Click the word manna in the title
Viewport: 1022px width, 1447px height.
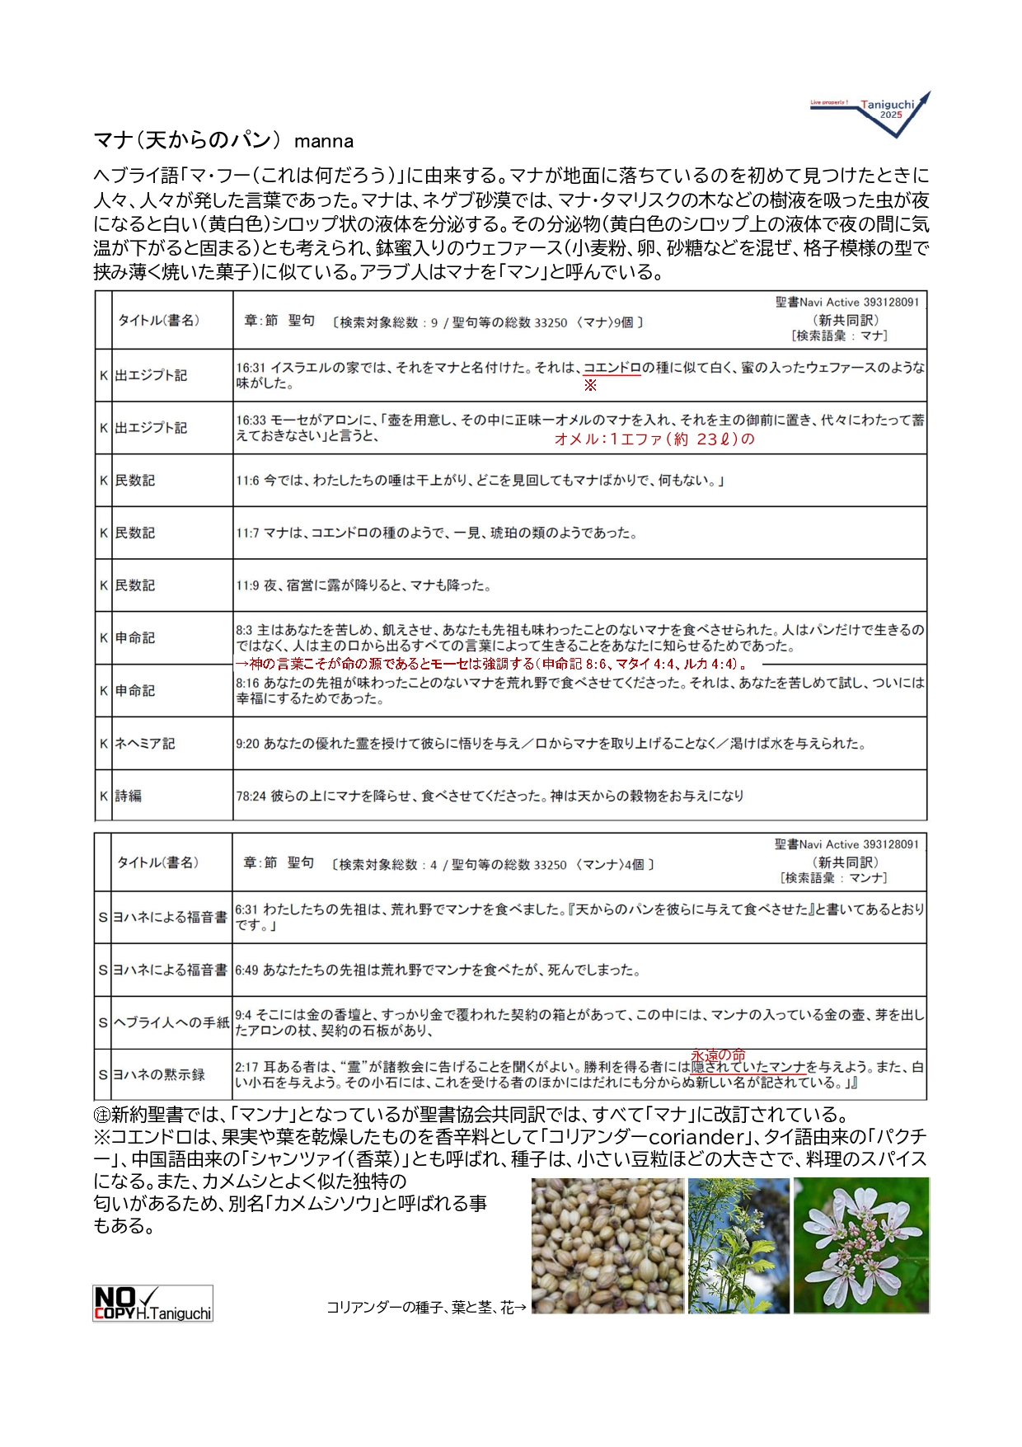(324, 141)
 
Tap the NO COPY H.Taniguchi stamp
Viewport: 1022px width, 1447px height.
(152, 1303)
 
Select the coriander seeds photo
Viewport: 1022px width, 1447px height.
(607, 1245)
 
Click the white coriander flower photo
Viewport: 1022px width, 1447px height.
(860, 1245)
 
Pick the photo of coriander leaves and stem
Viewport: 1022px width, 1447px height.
(738, 1245)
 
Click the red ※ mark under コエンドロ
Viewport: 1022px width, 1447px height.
(590, 385)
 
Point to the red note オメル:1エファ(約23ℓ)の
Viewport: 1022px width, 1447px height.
(654, 439)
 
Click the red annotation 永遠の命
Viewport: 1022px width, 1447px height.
(718, 1055)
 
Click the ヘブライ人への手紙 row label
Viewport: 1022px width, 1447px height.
(171, 1022)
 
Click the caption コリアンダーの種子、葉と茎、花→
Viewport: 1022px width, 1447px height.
(426, 1308)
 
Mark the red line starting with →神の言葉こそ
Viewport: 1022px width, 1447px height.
(491, 664)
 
